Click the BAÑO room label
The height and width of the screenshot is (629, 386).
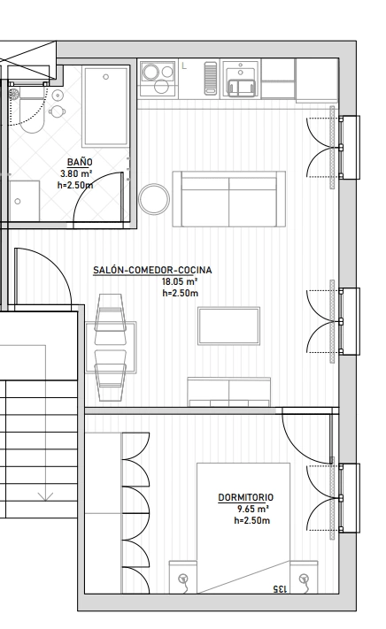[x=80, y=162]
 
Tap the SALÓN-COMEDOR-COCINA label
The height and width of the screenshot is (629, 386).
[x=152, y=270]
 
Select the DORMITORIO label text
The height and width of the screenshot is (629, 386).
[x=245, y=497]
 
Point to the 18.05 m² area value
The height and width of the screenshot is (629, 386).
[x=180, y=281]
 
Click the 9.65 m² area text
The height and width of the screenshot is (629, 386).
[x=253, y=509]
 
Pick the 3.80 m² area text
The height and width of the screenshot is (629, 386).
[x=76, y=173]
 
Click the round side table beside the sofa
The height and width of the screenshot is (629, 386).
[x=154, y=199]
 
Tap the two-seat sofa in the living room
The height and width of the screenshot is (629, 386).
[x=229, y=199]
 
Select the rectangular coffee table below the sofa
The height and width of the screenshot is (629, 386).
[x=228, y=326]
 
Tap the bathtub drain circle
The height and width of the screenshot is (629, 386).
[x=106, y=77]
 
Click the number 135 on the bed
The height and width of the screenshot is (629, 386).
[x=280, y=589]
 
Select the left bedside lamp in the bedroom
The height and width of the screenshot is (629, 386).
[x=183, y=580]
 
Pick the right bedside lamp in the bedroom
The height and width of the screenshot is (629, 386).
[x=305, y=580]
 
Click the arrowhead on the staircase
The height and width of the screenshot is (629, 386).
[x=45, y=497]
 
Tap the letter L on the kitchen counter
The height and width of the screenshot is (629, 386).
[x=184, y=65]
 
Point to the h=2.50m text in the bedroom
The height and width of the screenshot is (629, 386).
[x=252, y=521]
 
